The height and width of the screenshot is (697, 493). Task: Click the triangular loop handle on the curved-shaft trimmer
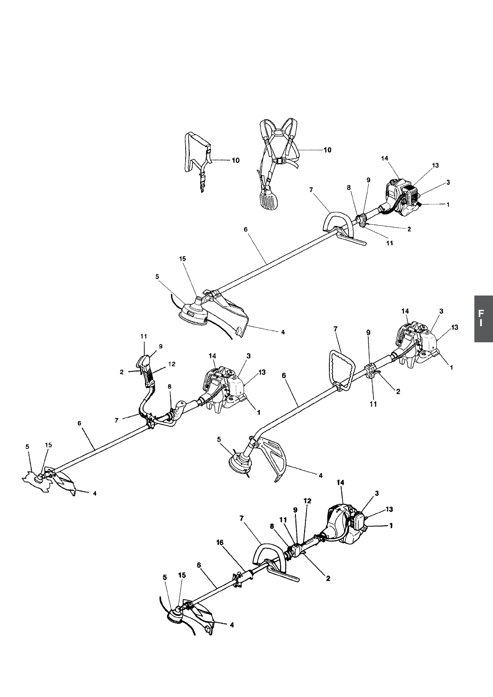343,368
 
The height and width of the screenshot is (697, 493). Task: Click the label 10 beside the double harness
327,150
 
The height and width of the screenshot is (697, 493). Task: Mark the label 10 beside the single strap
235,160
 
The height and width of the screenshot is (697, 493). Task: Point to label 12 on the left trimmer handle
172,364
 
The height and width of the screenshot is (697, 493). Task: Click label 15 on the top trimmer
183,259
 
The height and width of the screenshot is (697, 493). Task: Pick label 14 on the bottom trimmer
341,483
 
